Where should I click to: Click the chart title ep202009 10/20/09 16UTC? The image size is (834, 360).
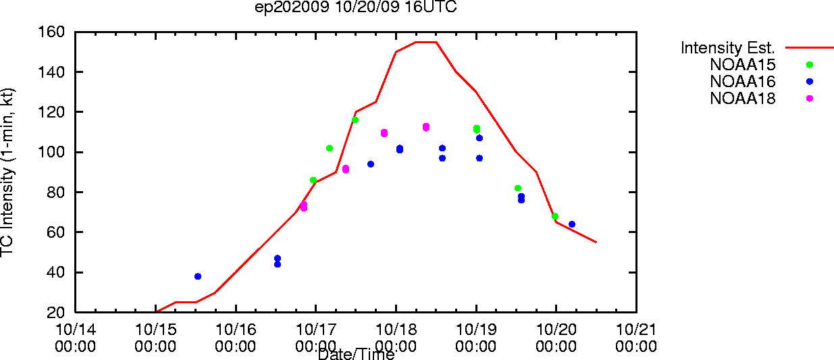[x=356, y=7]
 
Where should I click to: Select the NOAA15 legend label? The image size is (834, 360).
[x=742, y=65]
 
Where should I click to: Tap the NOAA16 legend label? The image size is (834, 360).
[x=742, y=82]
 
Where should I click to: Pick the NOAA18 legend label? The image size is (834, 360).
[x=742, y=99]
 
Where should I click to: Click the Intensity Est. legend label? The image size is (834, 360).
[x=727, y=48]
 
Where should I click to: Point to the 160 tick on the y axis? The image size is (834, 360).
[x=51, y=32]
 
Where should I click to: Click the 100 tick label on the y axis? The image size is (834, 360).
[x=51, y=152]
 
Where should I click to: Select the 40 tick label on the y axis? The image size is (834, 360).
[x=55, y=272]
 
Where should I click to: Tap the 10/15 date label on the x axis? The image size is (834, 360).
[x=155, y=330]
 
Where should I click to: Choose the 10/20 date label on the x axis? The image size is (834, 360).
[x=556, y=330]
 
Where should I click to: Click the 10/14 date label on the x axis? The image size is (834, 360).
[x=75, y=330]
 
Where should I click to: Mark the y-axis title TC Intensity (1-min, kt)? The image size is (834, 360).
[x=7, y=172]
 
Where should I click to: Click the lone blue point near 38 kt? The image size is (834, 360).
[x=198, y=276]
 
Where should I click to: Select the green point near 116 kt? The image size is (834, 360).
[x=355, y=120]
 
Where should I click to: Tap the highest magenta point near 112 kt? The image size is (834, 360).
[x=426, y=127]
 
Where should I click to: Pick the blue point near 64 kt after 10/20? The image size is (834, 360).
[x=572, y=224]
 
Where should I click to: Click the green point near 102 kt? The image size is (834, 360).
[x=329, y=148]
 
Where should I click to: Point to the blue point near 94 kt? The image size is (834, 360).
[x=371, y=164]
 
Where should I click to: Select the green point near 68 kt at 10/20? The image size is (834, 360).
[x=554, y=216]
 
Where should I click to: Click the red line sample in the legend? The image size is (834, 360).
[x=810, y=48]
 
